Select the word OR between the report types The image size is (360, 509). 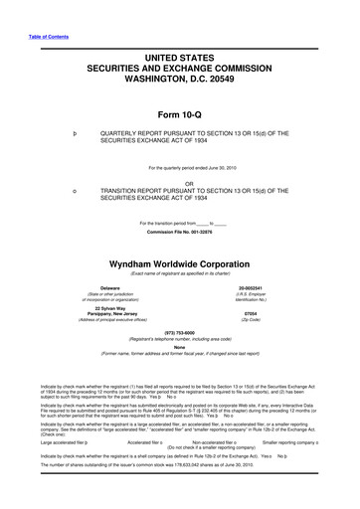180,184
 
